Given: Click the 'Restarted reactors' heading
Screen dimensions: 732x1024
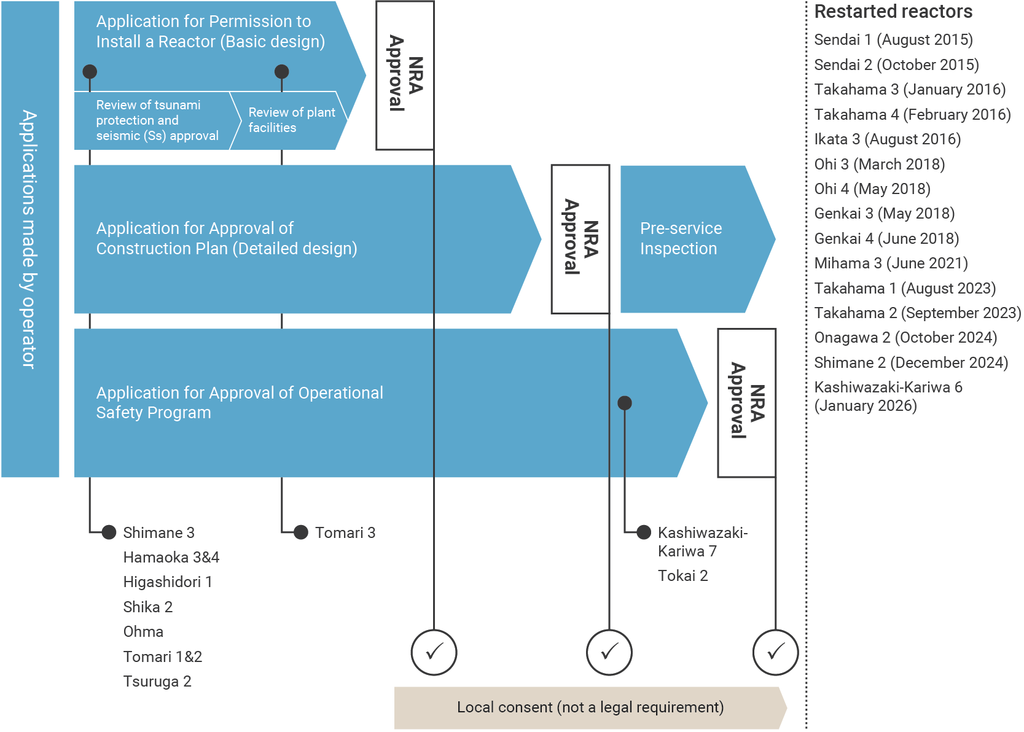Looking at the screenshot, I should (893, 12).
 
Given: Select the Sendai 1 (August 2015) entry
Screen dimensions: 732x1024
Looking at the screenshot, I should (893, 40).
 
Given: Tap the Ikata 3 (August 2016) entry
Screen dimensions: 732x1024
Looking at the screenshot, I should (887, 139).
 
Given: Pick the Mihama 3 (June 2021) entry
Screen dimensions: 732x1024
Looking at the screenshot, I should (891, 263).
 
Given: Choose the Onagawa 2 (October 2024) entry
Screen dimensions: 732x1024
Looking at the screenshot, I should (905, 338).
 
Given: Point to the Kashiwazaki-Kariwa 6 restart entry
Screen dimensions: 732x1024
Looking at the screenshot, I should (888, 396).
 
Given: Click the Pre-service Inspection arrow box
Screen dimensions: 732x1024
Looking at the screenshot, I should (688, 238).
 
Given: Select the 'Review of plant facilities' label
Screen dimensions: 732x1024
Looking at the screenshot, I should (291, 120).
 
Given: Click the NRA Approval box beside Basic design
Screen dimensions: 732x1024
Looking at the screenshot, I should (405, 74).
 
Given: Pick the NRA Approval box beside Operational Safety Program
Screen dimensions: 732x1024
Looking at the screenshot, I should (746, 402).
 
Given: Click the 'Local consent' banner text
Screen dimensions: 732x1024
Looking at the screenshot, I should (590, 707).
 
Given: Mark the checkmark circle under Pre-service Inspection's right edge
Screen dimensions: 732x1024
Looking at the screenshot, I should (775, 652).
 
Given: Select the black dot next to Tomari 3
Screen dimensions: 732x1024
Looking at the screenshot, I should (301, 532).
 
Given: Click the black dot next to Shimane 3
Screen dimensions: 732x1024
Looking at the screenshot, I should (109, 532).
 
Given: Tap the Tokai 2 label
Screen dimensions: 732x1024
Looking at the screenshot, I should (682, 576).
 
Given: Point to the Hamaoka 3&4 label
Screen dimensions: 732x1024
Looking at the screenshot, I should (171, 558).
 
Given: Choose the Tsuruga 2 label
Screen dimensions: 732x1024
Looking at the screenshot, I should (157, 682).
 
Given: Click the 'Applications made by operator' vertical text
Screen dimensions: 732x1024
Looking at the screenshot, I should (29, 239).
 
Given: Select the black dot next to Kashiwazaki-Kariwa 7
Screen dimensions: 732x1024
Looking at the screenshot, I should (644, 532).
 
